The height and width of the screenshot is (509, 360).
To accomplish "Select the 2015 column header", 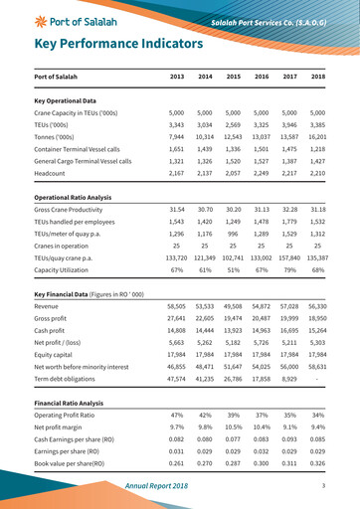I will point(233,77).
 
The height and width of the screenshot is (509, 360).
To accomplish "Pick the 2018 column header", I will point(318,77).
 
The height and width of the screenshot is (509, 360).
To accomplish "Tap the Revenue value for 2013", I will point(177,306).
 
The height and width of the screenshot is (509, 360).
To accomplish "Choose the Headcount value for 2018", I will point(318,173).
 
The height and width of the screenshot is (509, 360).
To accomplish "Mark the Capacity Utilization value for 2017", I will point(290,269).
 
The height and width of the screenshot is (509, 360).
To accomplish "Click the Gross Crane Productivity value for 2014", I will point(205,210).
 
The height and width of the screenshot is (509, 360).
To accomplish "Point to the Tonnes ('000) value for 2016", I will point(262,137).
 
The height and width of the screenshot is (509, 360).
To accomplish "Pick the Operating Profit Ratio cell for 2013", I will point(177,415).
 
